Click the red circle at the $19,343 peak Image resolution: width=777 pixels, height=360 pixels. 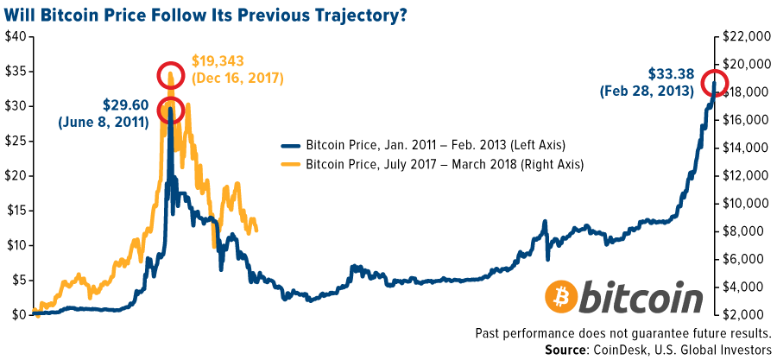point(171,76)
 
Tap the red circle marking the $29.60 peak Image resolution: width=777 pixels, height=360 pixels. point(170,111)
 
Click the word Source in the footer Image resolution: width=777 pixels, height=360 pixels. point(567,349)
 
